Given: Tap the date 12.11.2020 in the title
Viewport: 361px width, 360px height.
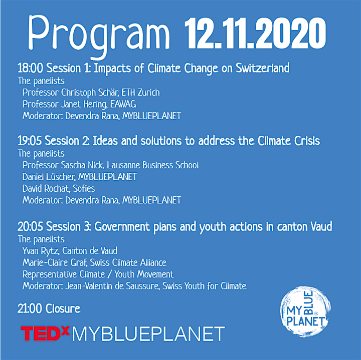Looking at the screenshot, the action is (x=255, y=34).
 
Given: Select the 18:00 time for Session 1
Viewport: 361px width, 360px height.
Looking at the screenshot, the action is (x=31, y=68).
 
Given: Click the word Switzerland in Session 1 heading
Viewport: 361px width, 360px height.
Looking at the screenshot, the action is (x=263, y=68).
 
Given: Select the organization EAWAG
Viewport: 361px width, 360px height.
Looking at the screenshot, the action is (x=123, y=104).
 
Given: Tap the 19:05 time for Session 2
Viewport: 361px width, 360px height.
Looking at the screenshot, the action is (x=30, y=141).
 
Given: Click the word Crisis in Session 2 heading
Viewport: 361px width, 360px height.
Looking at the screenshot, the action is (x=307, y=141).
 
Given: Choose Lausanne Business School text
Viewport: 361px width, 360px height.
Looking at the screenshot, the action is (x=152, y=165).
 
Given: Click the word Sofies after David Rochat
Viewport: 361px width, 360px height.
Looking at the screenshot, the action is (x=84, y=188).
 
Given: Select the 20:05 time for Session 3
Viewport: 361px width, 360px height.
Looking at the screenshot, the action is (x=30, y=227).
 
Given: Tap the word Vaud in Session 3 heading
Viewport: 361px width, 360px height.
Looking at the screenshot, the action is (x=321, y=227).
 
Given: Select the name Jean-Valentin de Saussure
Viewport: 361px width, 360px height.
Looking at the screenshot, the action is (x=112, y=286).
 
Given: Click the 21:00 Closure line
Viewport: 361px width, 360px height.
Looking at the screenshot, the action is (x=49, y=308).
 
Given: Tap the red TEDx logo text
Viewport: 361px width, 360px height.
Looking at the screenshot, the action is (x=45, y=333).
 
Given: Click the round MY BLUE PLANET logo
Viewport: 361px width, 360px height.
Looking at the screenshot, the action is (x=305, y=311).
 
